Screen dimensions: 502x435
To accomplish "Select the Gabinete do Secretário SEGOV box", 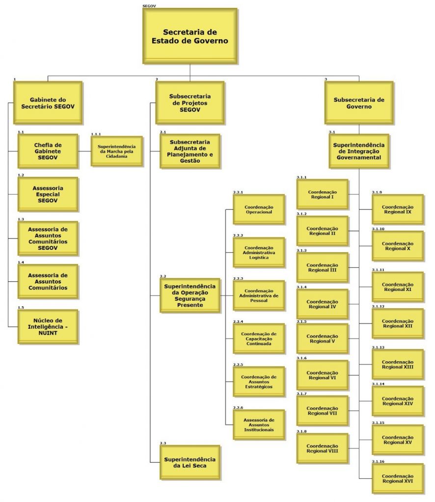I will point(48,102).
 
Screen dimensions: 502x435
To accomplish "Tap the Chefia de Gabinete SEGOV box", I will point(48,151).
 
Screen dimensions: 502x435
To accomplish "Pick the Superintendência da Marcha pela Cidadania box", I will point(116,151).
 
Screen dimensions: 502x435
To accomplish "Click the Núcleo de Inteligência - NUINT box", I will point(48,326).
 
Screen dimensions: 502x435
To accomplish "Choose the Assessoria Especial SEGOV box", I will point(48,194).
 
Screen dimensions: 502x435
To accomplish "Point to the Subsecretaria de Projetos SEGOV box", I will point(190,103).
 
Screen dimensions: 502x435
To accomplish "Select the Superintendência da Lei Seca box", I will point(190,462).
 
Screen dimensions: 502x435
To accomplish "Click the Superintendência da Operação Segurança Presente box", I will point(190,295).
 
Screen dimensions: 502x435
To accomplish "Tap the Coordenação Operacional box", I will point(258,210).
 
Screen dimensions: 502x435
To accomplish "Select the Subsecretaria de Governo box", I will point(359,103).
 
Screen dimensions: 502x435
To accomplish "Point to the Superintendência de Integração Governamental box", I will point(359,151).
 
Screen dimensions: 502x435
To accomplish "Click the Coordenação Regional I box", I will point(322,194).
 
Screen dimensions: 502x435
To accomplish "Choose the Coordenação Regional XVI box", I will point(397,478).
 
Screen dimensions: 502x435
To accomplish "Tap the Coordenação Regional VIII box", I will point(322,448).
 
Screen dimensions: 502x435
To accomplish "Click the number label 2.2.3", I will point(238,278).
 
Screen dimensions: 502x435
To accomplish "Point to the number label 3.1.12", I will point(378,306).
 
